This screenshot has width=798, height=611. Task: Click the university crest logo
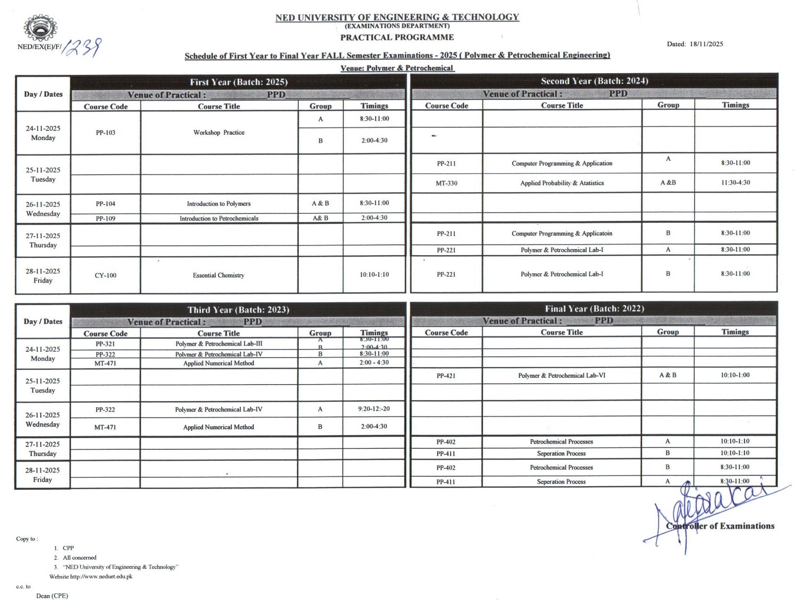point(40,28)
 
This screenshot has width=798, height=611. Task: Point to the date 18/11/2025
point(706,44)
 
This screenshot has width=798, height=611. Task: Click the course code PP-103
point(106,133)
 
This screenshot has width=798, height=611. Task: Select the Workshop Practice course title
point(219,133)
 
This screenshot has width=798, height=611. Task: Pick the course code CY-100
point(106,275)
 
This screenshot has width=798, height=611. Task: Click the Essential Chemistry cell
point(219,275)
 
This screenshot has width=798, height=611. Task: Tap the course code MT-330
point(447,183)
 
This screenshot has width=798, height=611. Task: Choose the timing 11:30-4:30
point(736,183)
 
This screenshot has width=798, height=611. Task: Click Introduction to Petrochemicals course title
point(219,219)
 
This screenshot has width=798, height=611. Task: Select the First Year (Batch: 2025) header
point(239,82)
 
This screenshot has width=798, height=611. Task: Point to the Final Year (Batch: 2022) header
point(594,309)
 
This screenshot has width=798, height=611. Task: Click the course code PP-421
point(446,376)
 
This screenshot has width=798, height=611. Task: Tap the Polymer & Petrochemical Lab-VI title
point(562,376)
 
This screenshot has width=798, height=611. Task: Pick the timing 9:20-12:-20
point(374,409)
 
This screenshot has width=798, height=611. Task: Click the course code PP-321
point(105,344)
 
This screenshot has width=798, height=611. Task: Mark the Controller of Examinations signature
point(714,512)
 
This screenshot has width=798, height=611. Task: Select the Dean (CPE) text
point(52,596)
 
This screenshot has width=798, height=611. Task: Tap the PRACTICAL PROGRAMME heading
point(397,37)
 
